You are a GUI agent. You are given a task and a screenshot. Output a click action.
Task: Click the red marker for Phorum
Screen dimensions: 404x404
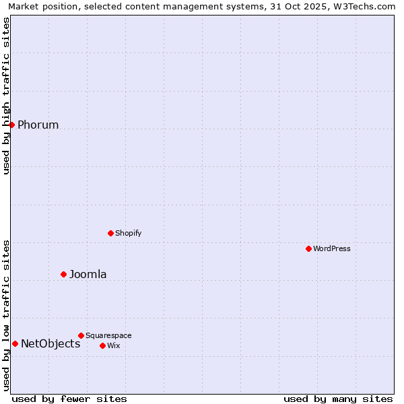click(11, 125)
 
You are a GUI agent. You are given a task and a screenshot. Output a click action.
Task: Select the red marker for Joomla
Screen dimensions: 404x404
click(64, 274)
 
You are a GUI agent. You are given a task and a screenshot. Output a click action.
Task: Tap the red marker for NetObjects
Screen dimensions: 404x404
click(15, 343)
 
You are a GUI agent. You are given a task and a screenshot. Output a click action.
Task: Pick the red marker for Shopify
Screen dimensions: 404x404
click(111, 233)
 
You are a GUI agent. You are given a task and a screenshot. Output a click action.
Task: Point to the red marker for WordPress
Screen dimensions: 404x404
click(309, 248)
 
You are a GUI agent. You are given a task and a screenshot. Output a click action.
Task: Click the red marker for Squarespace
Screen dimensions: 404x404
click(81, 335)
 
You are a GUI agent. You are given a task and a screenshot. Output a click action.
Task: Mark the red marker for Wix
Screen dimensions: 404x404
click(102, 345)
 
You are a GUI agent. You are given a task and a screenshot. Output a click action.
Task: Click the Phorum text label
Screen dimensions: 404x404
click(38, 125)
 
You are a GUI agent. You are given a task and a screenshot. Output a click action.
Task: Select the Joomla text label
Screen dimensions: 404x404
click(88, 274)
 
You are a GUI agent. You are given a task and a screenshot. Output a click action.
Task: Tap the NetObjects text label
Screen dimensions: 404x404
click(50, 343)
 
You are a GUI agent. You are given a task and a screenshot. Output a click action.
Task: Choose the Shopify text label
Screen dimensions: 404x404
click(128, 233)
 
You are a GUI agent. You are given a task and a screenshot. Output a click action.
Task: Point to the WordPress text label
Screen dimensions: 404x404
click(332, 248)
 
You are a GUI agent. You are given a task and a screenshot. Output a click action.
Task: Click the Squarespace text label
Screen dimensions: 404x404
click(108, 335)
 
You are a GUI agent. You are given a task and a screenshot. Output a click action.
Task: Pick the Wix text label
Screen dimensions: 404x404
click(114, 345)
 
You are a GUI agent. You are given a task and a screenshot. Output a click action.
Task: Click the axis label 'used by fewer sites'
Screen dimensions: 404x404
click(69, 399)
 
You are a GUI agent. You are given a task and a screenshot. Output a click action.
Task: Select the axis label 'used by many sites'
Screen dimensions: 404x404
click(338, 399)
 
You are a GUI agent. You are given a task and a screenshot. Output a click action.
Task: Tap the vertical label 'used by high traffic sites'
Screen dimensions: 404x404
click(6, 96)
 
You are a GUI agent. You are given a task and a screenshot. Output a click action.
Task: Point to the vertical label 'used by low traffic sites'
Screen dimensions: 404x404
click(6, 315)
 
